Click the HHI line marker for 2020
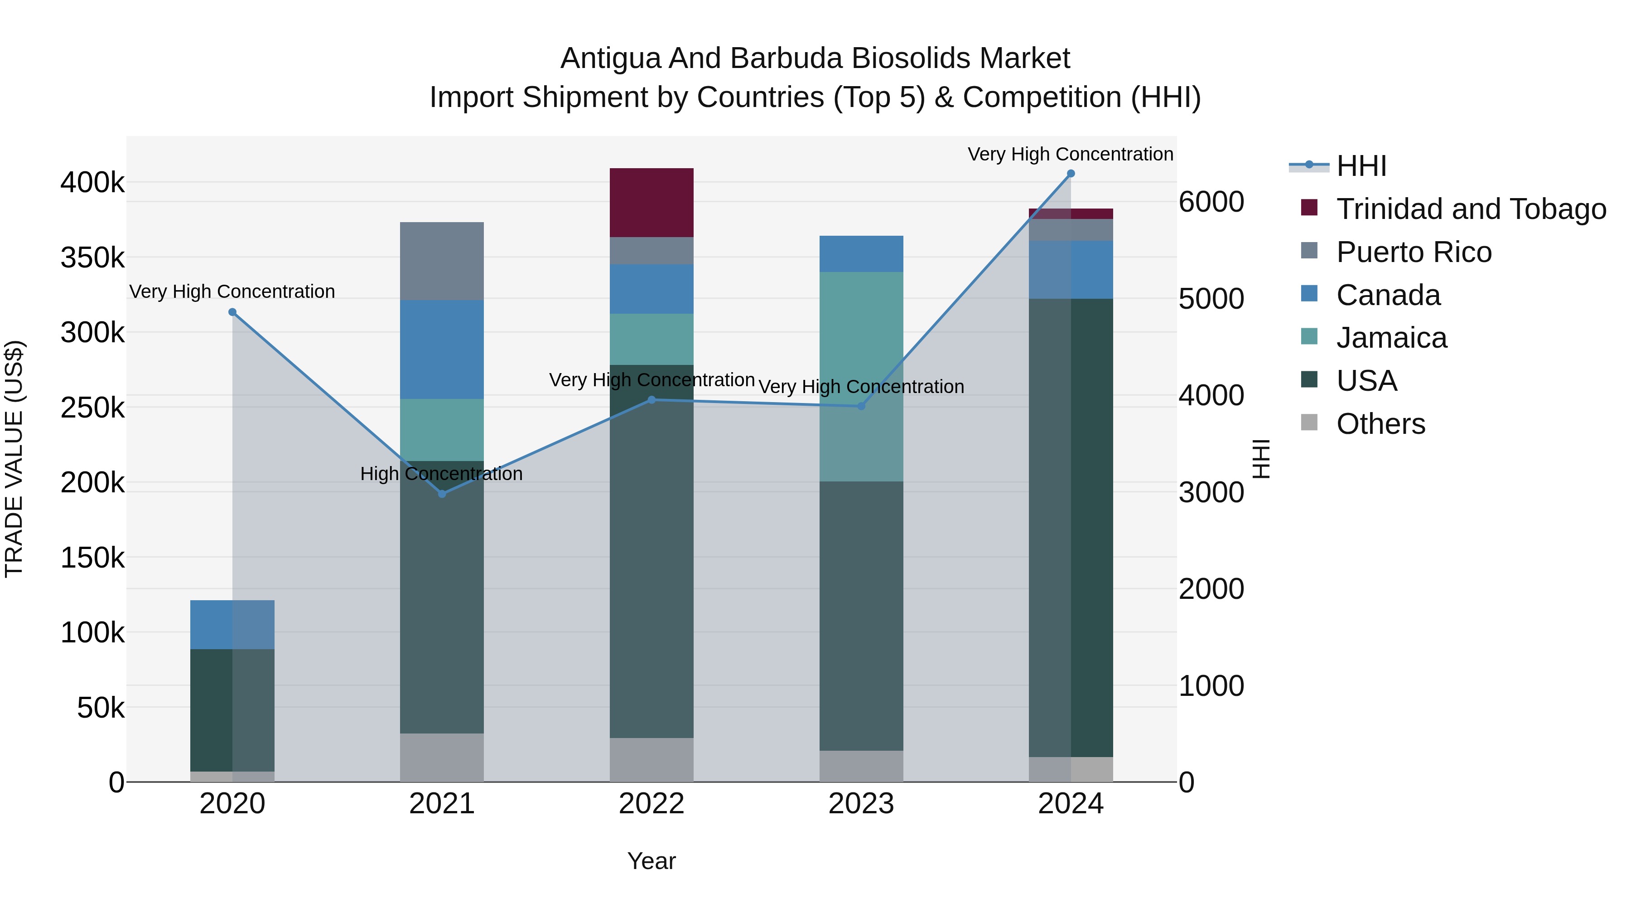232,312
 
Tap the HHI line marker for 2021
442,494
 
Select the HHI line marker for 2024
1071,174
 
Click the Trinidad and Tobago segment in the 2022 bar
651,203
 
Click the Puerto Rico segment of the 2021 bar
442,261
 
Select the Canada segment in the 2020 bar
232,625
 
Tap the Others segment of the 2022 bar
651,760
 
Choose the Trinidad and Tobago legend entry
1471,209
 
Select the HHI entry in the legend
1361,166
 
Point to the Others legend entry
1380,424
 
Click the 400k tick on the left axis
92,183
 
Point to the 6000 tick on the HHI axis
1211,202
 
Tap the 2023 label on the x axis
861,804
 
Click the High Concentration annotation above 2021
441,474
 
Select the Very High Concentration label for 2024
1070,154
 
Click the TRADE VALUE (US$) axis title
14,459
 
